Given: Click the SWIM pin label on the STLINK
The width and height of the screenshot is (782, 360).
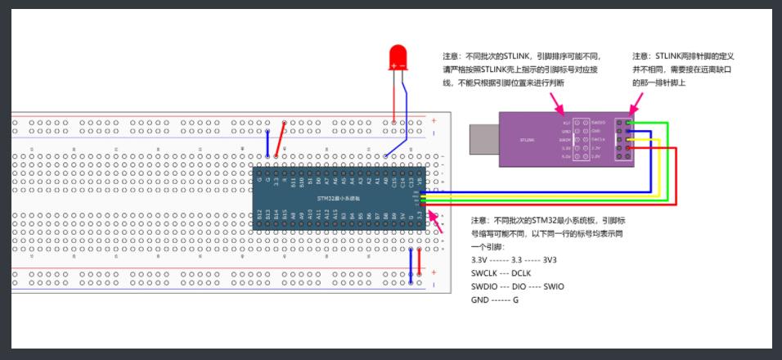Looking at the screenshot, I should pyautogui.click(x=564, y=140).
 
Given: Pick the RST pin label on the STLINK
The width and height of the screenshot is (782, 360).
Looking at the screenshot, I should pyautogui.click(x=566, y=123).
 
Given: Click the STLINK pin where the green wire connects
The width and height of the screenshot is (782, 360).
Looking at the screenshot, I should pyautogui.click(x=628, y=123).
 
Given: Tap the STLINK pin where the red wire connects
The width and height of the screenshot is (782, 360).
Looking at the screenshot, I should pyautogui.click(x=628, y=148).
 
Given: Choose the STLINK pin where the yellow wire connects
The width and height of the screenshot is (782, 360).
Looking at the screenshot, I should pyautogui.click(x=628, y=140).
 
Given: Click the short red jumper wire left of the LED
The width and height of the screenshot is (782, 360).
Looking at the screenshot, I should pyautogui.click(x=280, y=140).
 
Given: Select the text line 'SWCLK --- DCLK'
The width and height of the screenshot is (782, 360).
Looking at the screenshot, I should pyautogui.click(x=501, y=272).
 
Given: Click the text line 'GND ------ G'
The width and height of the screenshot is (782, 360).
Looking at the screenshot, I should pyautogui.click(x=495, y=299).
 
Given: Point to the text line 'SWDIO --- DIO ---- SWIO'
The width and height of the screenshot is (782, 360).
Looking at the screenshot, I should pyautogui.click(x=517, y=286).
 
